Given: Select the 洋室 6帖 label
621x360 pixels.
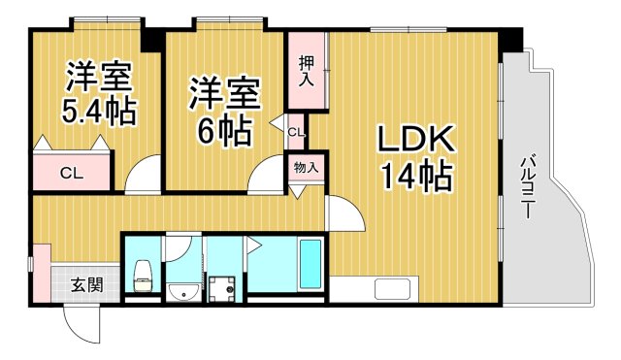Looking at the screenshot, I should click(223, 110).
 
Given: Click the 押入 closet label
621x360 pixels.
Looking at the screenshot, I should click(305, 71).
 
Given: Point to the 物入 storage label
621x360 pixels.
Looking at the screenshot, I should click(306, 168).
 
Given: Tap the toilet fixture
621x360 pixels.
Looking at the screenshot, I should click(143, 276).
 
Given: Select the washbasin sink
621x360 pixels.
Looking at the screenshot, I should click(181, 292).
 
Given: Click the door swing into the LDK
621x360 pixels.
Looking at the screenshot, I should click(342, 212).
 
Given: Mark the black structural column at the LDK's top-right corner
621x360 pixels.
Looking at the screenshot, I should click(511, 40).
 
